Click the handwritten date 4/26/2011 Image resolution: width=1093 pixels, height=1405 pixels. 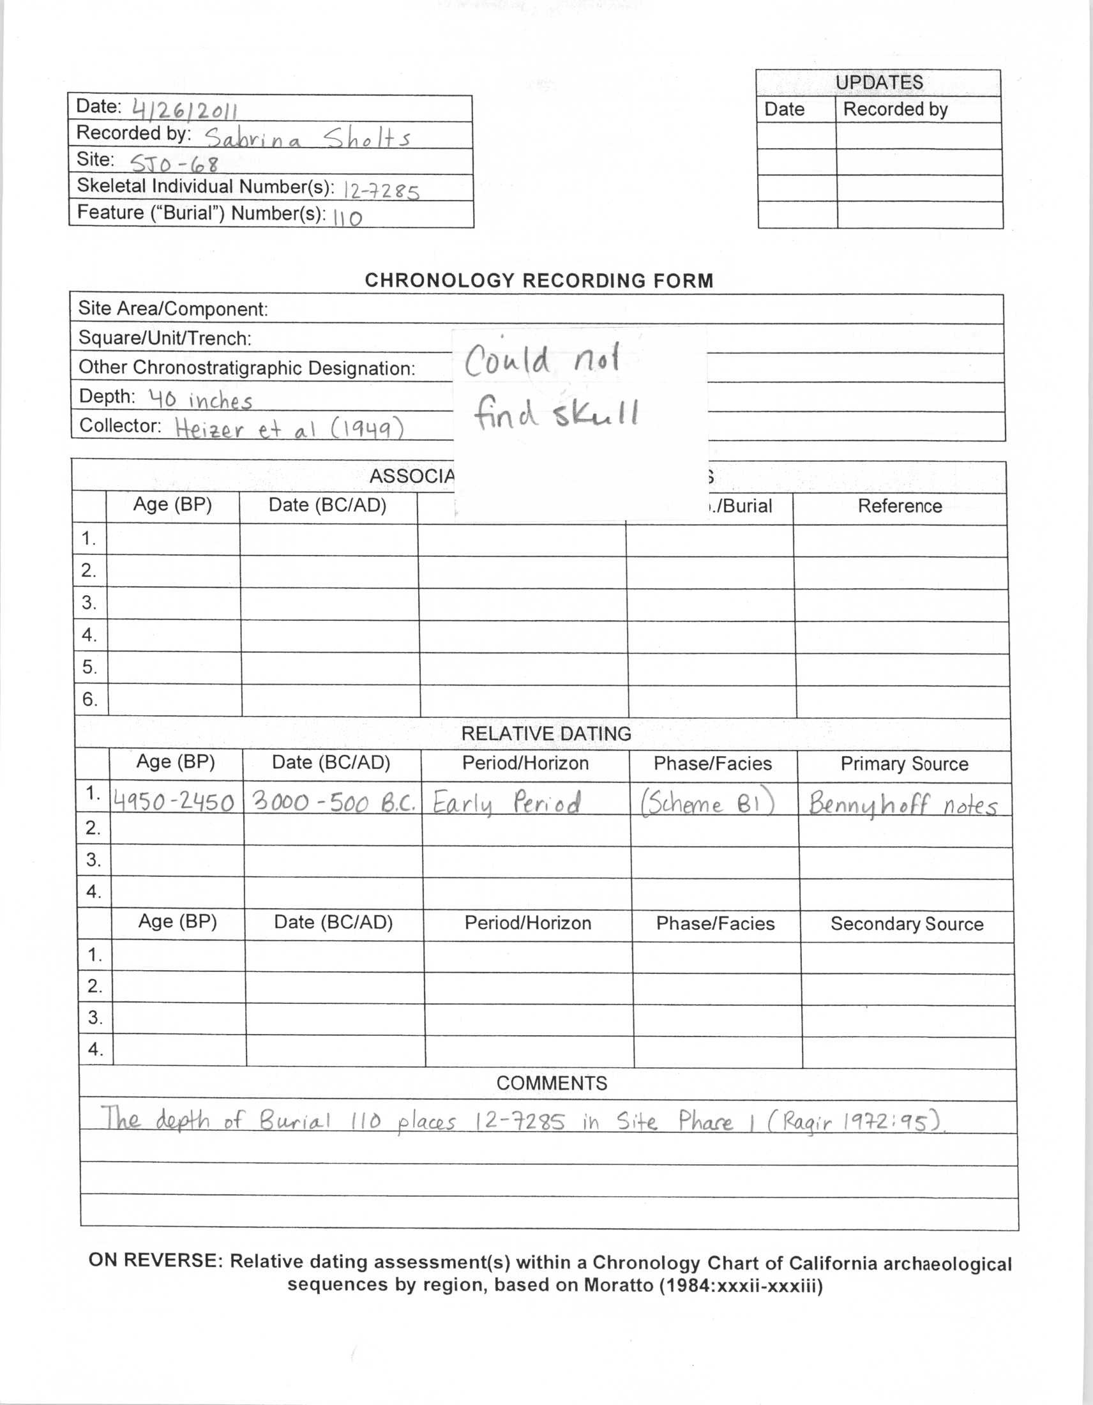click(185, 110)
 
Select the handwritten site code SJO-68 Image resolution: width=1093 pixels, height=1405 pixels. click(174, 163)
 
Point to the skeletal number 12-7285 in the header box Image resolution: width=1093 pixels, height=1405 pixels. click(382, 190)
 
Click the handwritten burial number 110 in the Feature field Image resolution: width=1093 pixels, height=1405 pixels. click(348, 217)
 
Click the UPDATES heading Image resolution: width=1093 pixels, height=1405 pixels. click(878, 82)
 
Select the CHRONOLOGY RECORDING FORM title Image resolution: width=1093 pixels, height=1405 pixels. click(539, 280)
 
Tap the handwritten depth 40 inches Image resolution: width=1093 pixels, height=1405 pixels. click(200, 400)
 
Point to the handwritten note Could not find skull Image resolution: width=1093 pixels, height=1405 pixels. click(552, 386)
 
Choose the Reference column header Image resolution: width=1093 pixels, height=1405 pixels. click(900, 506)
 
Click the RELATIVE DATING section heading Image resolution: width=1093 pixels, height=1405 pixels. click(546, 733)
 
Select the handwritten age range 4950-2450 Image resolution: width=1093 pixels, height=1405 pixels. click(174, 802)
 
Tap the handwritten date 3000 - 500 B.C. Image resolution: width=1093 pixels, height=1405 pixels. click(333, 801)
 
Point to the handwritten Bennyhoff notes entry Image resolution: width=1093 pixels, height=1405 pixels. click(903, 804)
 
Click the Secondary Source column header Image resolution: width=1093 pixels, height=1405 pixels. click(907, 924)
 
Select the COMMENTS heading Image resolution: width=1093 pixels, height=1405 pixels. click(552, 1083)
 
